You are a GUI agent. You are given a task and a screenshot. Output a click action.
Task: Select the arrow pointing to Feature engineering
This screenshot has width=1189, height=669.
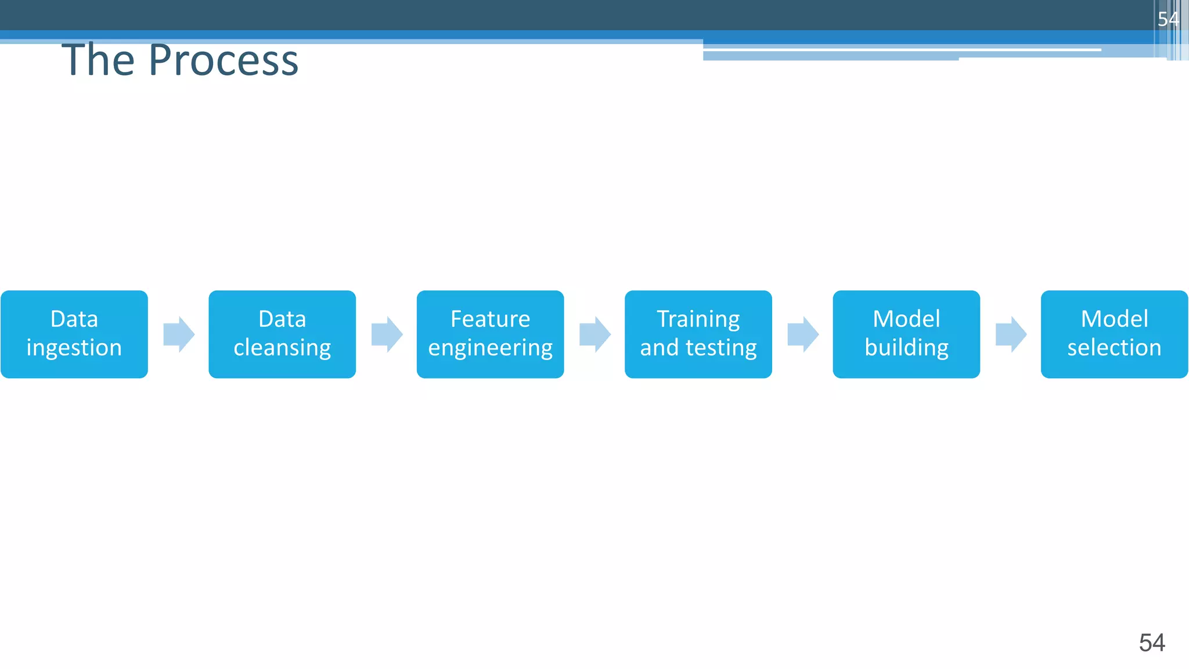tap(387, 334)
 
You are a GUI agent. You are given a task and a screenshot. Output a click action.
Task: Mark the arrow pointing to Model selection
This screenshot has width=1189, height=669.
tap(1011, 334)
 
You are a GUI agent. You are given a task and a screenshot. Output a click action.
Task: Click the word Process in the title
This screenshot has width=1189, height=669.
tap(224, 60)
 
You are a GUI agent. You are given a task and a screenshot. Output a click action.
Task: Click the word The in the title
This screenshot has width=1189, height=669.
tap(98, 60)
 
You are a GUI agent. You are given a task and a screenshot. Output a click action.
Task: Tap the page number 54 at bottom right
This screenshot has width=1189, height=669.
tap(1152, 643)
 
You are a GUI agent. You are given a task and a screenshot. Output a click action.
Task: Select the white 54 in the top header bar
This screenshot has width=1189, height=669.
tap(1168, 19)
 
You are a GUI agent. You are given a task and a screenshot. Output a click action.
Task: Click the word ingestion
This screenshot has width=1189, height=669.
tap(74, 348)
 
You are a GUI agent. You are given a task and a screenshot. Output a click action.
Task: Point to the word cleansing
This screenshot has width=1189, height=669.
tap(282, 348)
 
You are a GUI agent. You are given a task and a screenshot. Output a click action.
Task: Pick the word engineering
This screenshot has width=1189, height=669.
tap(490, 348)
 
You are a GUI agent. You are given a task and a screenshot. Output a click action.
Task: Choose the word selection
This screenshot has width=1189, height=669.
tap(1114, 348)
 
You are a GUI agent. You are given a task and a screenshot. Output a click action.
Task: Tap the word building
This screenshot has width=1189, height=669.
tap(906, 348)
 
